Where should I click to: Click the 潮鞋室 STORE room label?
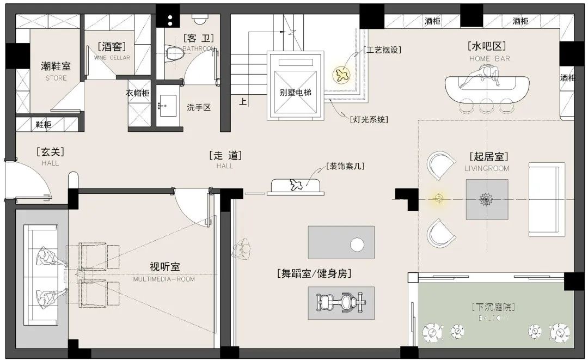tap(56, 70)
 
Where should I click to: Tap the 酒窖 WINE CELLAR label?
tap(112, 51)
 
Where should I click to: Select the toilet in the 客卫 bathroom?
tap(175, 53)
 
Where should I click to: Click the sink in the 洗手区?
tap(167, 103)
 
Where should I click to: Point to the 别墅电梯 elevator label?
tap(295, 93)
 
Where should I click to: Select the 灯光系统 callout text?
tap(369, 119)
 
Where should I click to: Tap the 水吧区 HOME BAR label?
tap(489, 51)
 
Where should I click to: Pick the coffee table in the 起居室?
tap(486, 199)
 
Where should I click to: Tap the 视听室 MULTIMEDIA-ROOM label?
tap(164, 271)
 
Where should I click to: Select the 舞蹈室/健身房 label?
tap(314, 273)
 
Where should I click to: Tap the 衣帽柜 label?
tap(138, 93)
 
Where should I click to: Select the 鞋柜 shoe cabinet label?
tap(44, 125)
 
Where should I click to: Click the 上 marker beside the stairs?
tap(243, 101)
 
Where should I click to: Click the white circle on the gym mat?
tap(357, 245)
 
